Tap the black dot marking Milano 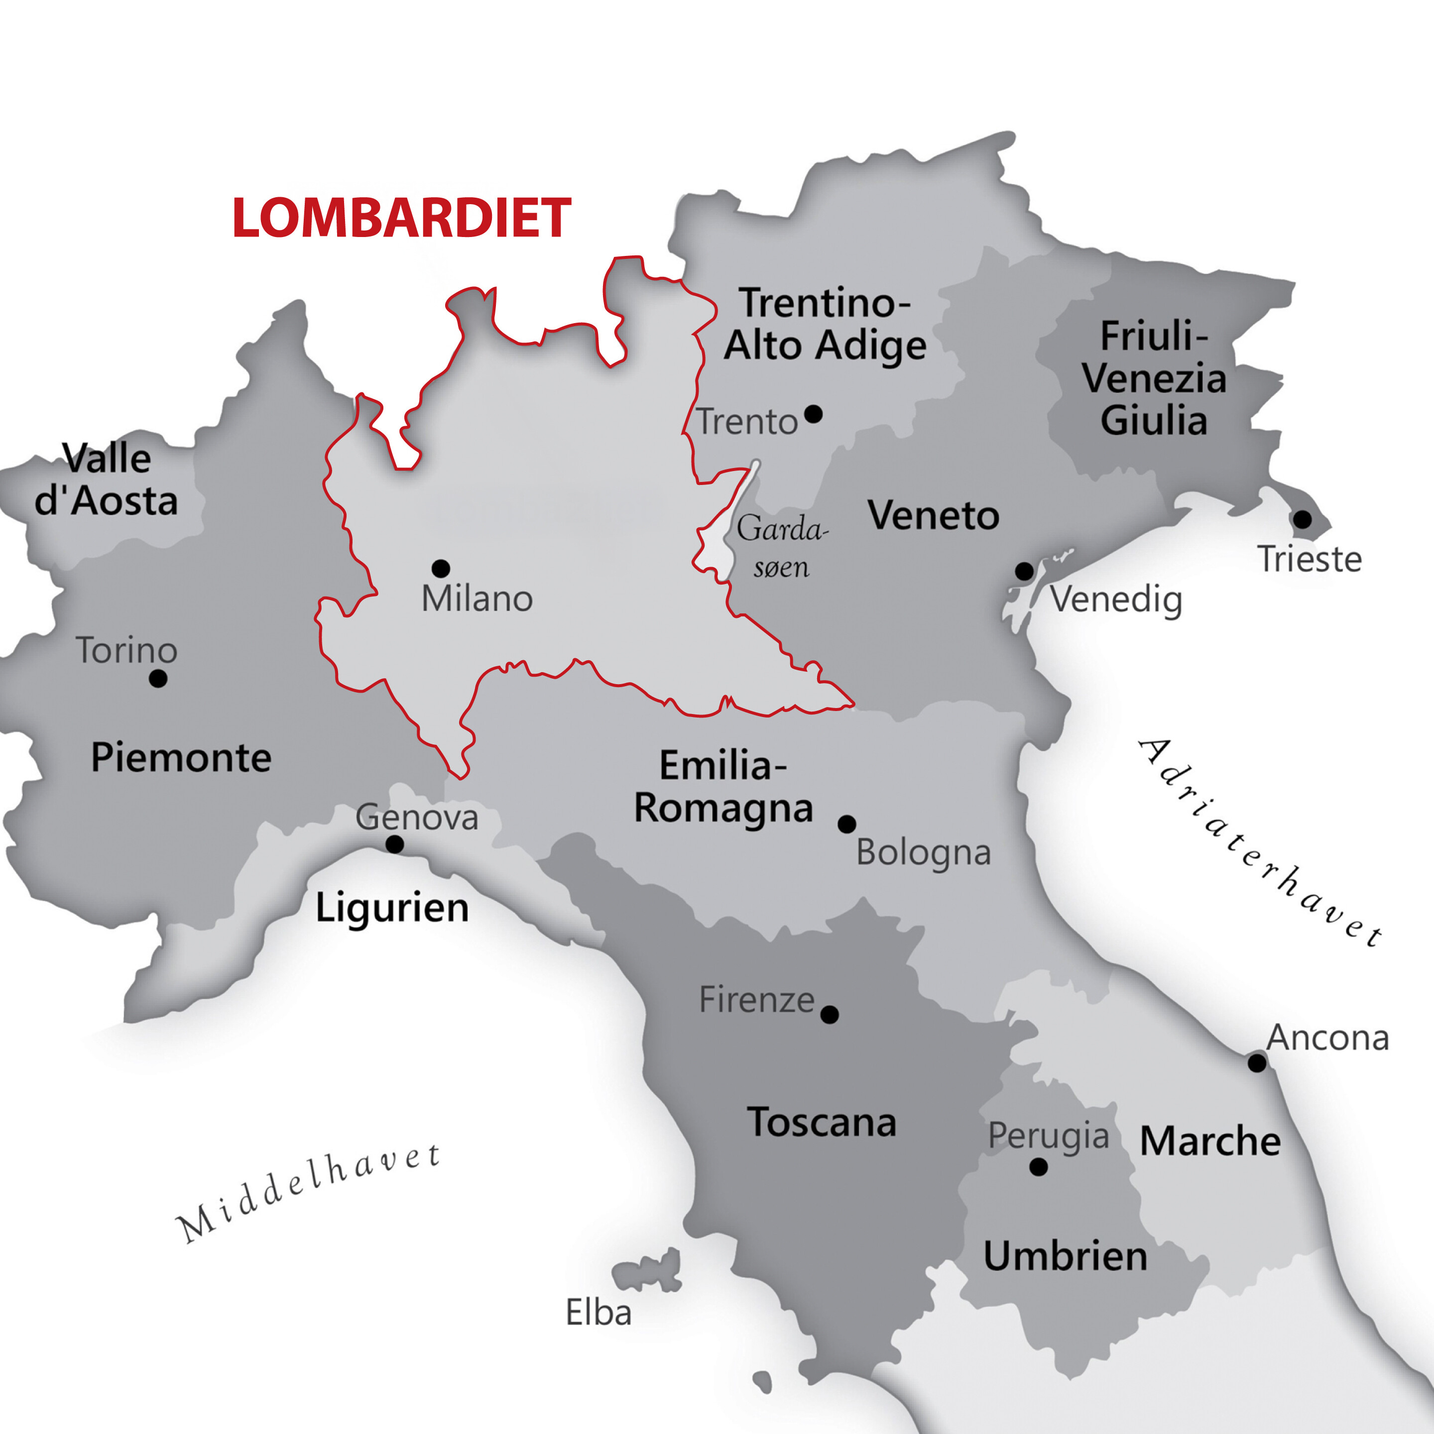tap(441, 569)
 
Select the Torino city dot tap(158, 678)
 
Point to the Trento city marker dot tap(814, 413)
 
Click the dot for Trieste tap(1302, 519)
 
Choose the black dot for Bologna tap(847, 824)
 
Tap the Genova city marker tap(395, 844)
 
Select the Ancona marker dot tap(1257, 1063)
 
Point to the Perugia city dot tap(1038, 1167)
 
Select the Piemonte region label tap(181, 758)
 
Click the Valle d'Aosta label tap(106, 480)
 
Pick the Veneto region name tap(934, 516)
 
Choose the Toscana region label tap(822, 1122)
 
